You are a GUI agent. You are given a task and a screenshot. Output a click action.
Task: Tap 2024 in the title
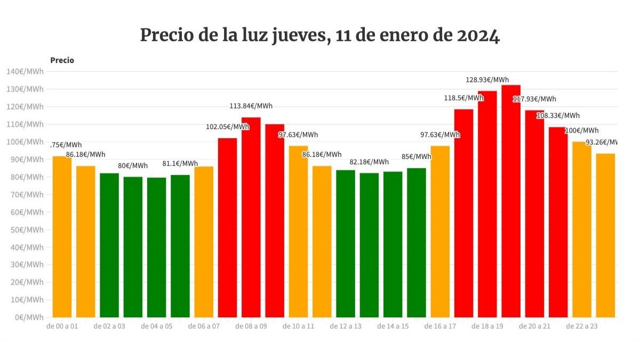pyautogui.click(x=478, y=36)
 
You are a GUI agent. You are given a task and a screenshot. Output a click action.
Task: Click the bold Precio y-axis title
pyautogui.click(x=62, y=60)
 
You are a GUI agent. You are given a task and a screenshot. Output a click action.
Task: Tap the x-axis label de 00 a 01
pyautogui.click(x=62, y=326)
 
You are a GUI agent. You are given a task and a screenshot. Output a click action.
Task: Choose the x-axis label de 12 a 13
pyautogui.click(x=345, y=326)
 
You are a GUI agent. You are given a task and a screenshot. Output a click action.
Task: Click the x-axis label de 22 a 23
pyautogui.click(x=581, y=326)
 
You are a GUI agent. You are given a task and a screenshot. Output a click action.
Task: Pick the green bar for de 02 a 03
pyautogui.click(x=109, y=245)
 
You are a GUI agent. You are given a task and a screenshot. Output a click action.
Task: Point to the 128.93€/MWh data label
pyautogui.click(x=487, y=80)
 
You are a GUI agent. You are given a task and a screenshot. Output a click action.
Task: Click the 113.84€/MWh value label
pyautogui.click(x=251, y=106)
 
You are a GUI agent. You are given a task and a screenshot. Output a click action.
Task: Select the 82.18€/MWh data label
pyautogui.click(x=369, y=162)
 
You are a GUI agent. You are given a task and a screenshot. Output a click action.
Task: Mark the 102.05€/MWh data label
pyautogui.click(x=227, y=127)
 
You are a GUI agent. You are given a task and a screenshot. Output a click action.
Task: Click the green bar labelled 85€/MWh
pyautogui.click(x=416, y=243)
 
